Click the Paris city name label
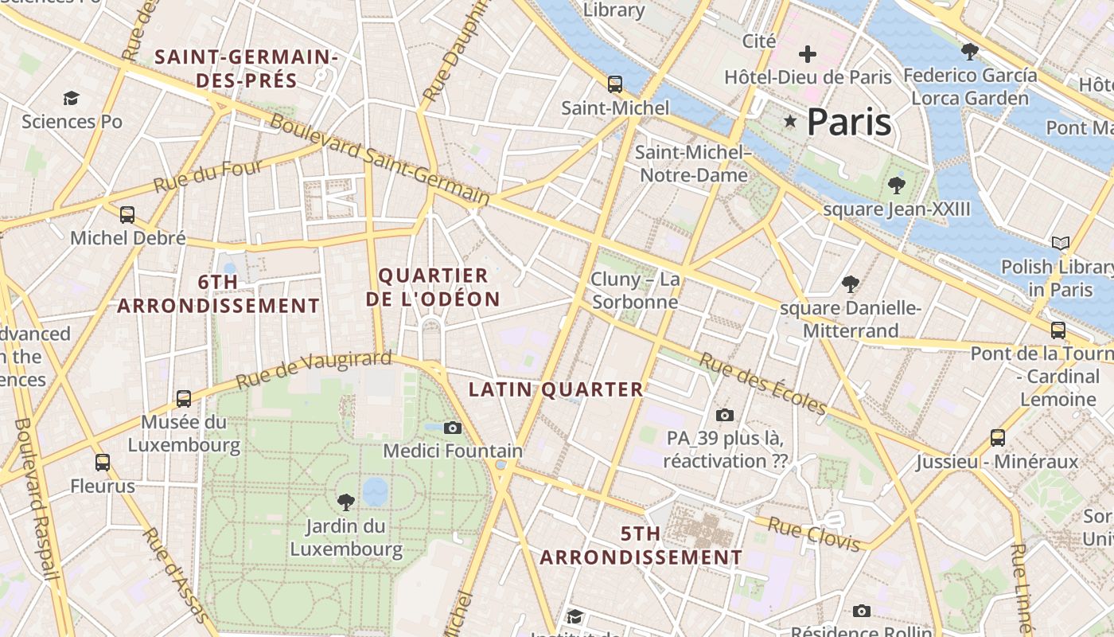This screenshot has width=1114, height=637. pos(849,123)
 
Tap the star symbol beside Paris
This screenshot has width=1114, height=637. pos(790,122)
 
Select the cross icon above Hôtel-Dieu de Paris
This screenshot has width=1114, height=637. pos(808,54)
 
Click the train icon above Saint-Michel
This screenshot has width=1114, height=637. pos(614,84)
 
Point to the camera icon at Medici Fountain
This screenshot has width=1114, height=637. pos(453,428)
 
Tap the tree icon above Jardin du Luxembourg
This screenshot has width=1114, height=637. pos(345,502)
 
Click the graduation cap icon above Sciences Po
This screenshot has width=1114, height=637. pos(72,98)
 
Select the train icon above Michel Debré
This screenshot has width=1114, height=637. pos(127,214)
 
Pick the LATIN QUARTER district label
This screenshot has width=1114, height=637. pos(555,389)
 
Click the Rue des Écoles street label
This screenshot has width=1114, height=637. pos(763,384)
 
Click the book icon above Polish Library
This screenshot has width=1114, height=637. pos(1060,243)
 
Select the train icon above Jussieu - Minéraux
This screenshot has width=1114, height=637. pos(997,437)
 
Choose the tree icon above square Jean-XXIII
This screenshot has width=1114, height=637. pos(897,186)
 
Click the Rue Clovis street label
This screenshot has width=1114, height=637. pos(813,533)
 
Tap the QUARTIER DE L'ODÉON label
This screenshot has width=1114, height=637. pos(439,287)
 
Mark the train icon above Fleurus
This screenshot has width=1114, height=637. pos(103,462)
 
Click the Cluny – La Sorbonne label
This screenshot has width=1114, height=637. pos(635,291)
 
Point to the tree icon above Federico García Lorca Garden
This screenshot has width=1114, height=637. pos(969,52)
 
